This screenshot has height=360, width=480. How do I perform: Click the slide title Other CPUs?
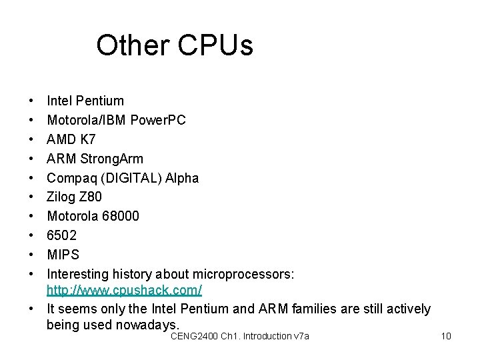click(175, 45)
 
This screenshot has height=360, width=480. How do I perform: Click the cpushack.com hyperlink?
click(124, 291)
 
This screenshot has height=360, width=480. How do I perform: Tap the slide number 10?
click(446, 336)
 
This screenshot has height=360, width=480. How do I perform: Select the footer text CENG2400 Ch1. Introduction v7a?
click(239, 336)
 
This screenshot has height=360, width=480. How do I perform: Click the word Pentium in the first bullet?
click(100, 101)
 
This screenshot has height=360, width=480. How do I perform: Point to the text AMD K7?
click(71, 139)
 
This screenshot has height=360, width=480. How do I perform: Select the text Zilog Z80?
click(74, 197)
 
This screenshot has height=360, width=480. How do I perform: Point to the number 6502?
click(61, 235)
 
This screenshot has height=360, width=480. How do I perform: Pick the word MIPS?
click(63, 255)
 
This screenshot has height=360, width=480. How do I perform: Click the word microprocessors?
click(243, 274)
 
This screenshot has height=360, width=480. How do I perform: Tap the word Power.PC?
click(158, 121)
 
